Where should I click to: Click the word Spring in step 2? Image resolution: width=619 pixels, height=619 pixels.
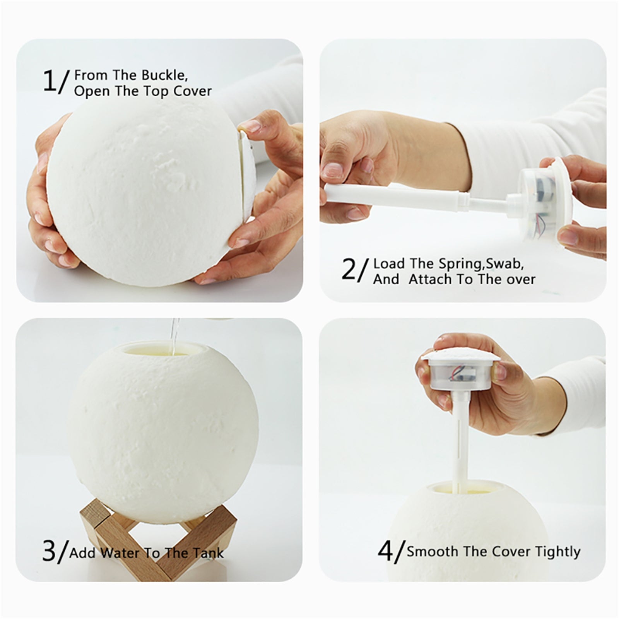460,263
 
